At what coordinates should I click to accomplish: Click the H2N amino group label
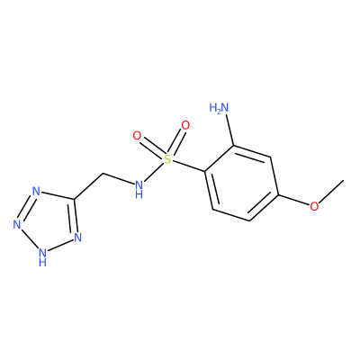point(219,107)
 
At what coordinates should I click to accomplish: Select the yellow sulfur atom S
point(167,159)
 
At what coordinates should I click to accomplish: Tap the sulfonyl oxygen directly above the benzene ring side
point(185,125)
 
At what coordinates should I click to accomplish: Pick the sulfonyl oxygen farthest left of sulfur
point(137,136)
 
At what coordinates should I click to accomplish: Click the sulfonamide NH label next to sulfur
point(139,189)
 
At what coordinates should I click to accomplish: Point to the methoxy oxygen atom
point(314,206)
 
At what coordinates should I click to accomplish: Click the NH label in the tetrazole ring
point(43,257)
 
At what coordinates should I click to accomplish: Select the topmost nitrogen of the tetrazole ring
point(36,191)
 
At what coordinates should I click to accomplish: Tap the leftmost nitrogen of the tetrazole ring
point(17,224)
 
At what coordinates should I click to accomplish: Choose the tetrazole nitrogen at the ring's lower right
point(77,238)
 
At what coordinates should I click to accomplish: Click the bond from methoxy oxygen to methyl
point(331,192)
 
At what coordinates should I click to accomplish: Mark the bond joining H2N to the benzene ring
point(230,130)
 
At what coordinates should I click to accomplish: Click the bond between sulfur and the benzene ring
point(189,166)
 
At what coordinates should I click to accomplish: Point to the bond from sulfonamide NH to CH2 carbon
point(118,179)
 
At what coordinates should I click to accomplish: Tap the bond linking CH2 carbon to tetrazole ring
point(88,186)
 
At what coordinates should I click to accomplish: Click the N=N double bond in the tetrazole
point(26,208)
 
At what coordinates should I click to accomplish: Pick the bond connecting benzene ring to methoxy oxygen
point(294,200)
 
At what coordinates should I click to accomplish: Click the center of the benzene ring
point(241,184)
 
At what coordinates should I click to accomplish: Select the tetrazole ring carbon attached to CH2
point(74,199)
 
